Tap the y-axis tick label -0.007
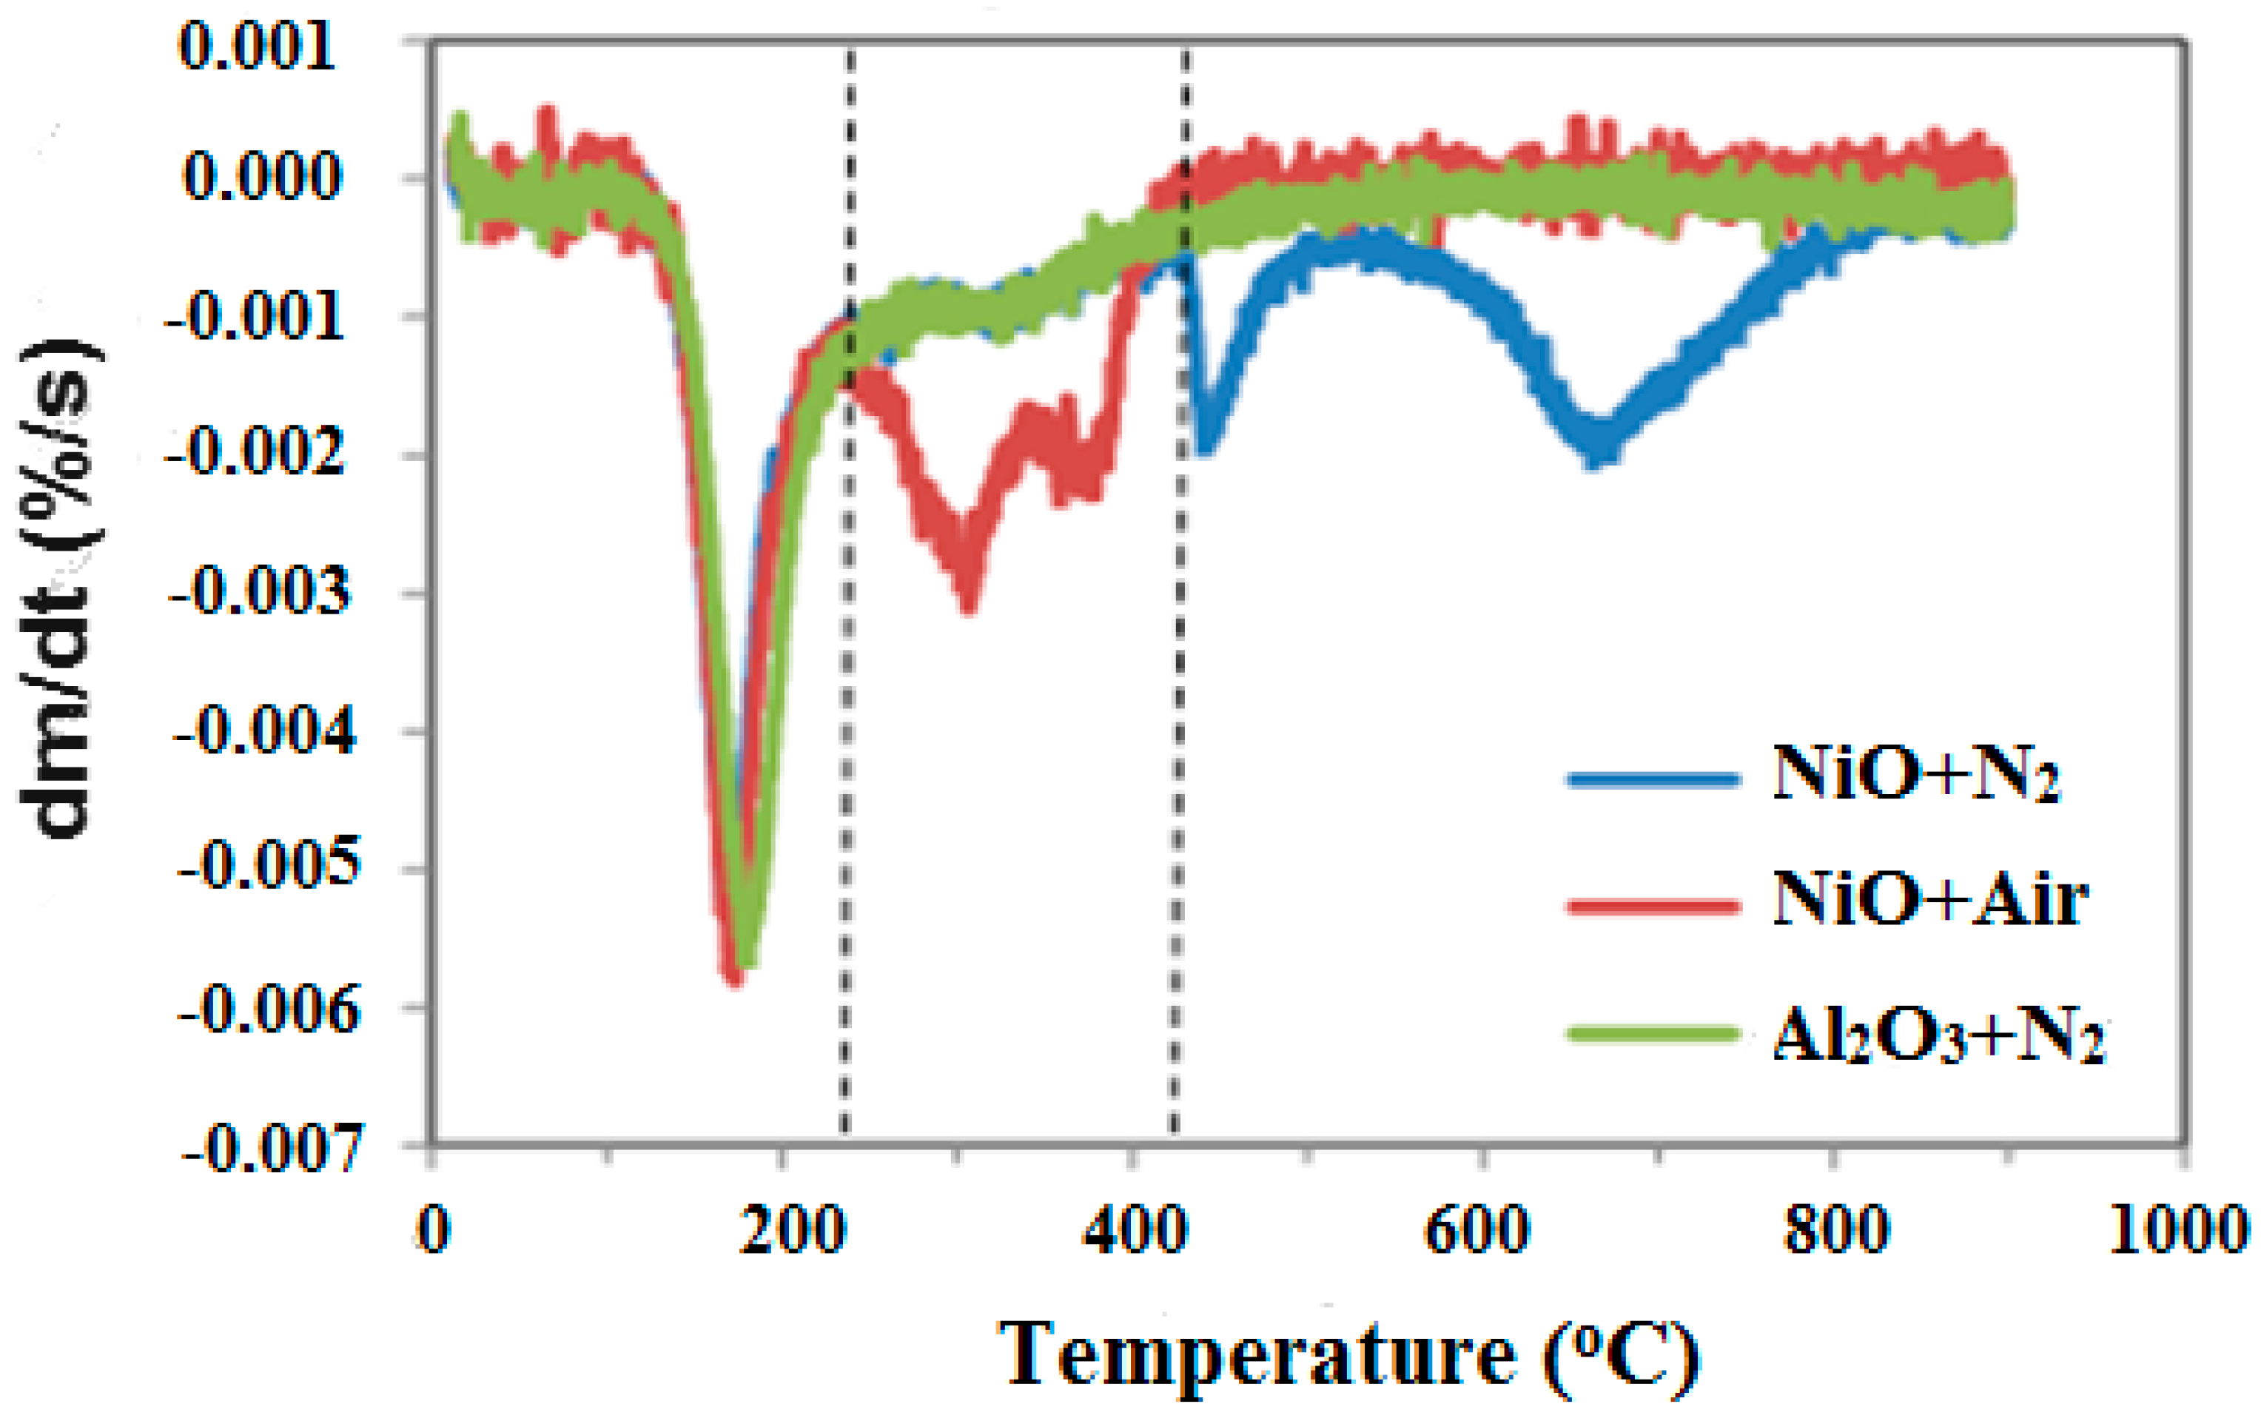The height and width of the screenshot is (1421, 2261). (x=269, y=1148)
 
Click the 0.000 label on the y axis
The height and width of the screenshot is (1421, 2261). (x=262, y=175)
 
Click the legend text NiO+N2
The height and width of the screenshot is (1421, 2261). (x=1915, y=775)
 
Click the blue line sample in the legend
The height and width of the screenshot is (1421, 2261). (x=1653, y=779)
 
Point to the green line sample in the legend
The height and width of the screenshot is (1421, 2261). (x=1653, y=1034)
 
